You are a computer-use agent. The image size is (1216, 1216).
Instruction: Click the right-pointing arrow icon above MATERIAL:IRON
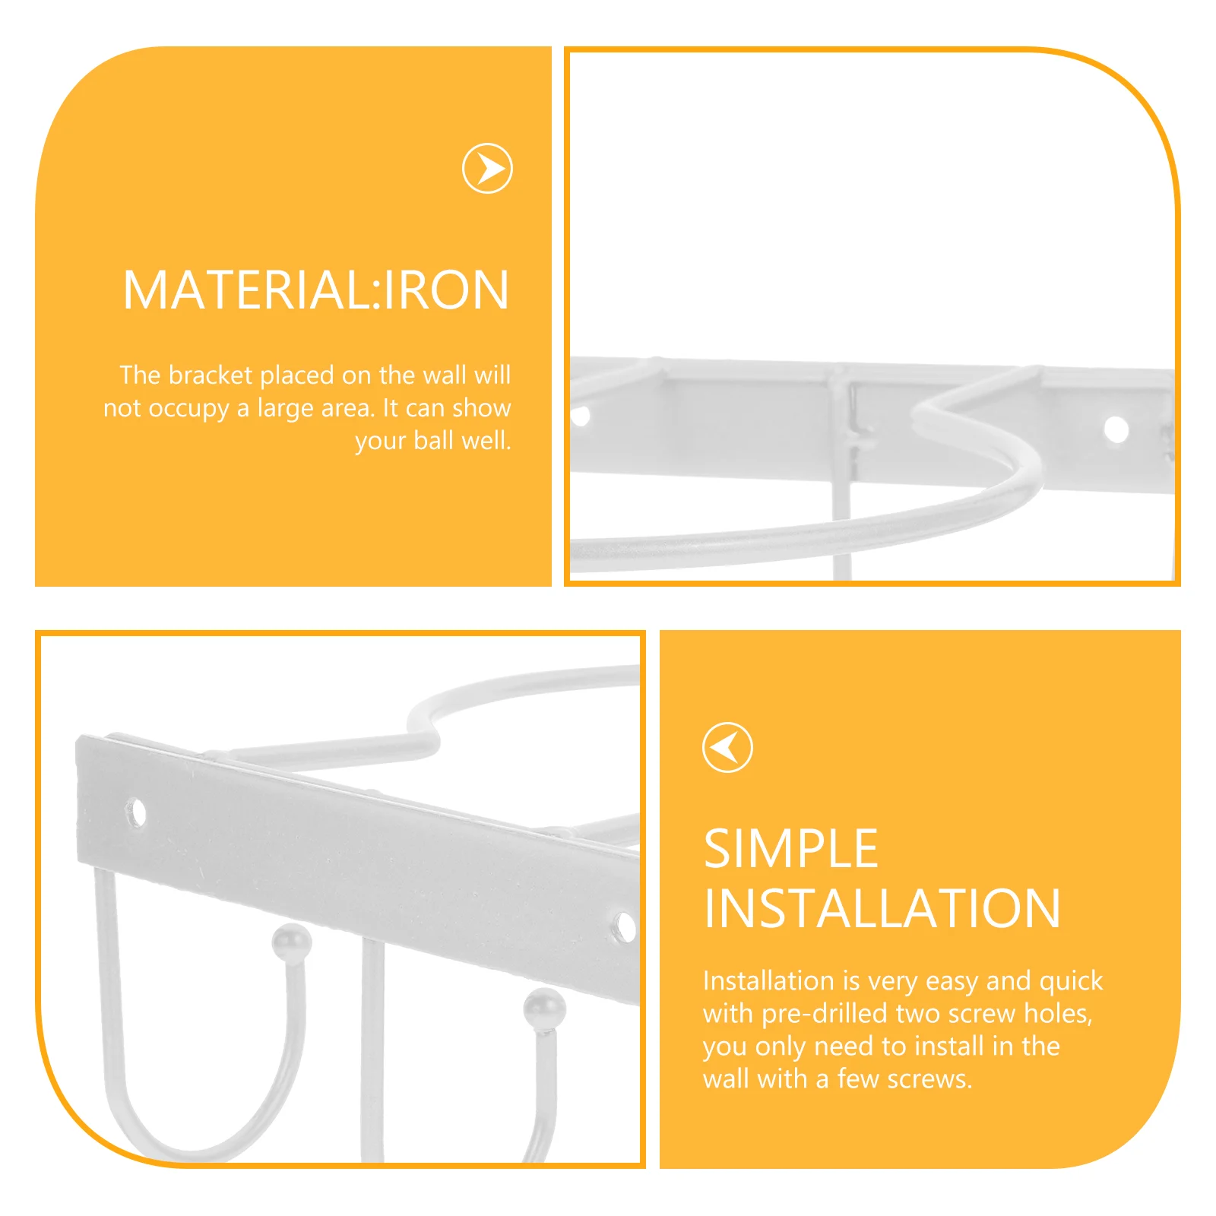point(487,168)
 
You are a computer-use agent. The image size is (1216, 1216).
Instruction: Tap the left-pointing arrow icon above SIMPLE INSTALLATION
point(727,747)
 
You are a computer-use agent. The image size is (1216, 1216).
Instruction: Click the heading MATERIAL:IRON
point(315,290)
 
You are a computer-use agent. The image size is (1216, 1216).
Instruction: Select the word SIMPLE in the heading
point(790,849)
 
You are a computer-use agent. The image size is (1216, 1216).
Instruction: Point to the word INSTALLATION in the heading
point(882,909)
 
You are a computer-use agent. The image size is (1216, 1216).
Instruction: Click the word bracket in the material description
point(210,375)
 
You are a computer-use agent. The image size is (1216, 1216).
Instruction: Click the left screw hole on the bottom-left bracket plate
point(137,812)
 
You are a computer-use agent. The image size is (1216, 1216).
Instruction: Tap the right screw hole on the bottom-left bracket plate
point(625,926)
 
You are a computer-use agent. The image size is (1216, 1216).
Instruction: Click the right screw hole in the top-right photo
point(1116,429)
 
